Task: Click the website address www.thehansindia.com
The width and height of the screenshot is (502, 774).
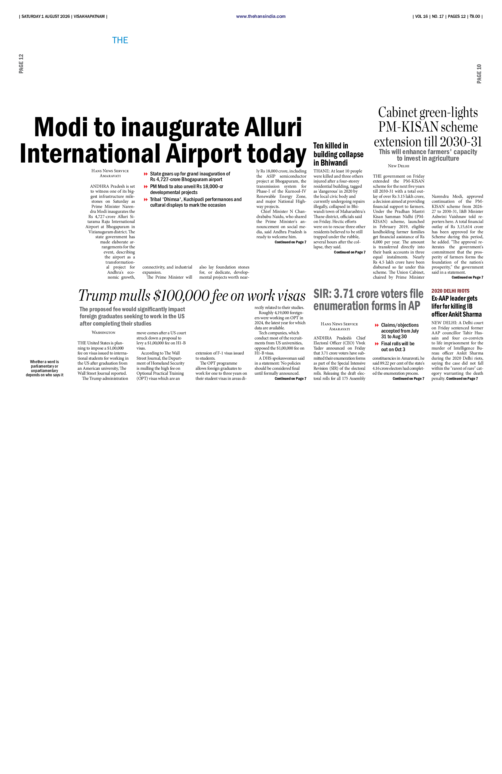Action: tap(261, 16)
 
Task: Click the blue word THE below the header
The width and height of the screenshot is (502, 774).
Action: tap(120, 40)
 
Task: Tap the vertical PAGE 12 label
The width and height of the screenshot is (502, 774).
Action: tap(21, 64)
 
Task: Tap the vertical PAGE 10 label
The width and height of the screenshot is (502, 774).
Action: tap(479, 74)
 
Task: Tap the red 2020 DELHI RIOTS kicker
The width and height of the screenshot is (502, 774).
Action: tap(450, 291)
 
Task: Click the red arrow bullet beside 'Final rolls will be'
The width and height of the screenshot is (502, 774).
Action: tap(377, 344)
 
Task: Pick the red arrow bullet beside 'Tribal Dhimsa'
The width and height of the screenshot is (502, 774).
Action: tap(146, 199)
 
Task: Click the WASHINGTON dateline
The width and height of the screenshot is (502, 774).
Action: tap(103, 332)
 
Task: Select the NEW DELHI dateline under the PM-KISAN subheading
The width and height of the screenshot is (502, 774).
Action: tap(399, 166)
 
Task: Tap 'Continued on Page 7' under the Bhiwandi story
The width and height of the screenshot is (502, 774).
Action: tap(349, 252)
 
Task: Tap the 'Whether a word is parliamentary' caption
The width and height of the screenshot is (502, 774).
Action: tap(45, 368)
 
